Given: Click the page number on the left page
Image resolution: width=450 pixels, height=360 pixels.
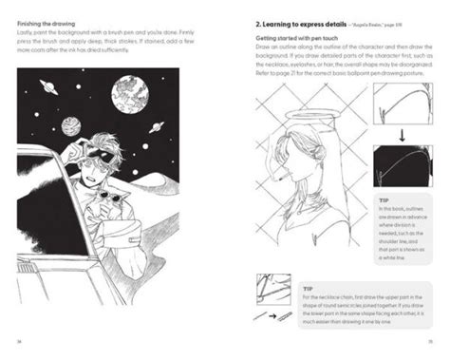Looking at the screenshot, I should click(x=20, y=342).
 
